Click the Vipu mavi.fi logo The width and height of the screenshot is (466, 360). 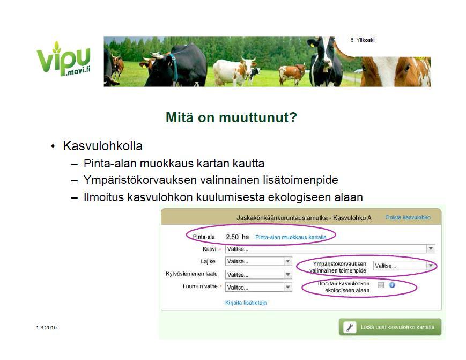[x=63, y=59]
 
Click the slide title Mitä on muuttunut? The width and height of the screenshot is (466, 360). [x=231, y=117]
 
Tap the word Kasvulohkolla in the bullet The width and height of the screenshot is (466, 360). [x=103, y=146]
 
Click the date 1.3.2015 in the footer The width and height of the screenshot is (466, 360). [x=46, y=328]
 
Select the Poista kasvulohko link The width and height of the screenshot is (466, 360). [x=408, y=217]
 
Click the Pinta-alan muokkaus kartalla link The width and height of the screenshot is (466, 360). [x=291, y=237]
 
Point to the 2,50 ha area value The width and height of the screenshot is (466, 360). [x=237, y=237]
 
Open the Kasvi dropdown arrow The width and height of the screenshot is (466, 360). [x=431, y=248]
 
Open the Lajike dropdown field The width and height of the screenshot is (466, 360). [x=258, y=261]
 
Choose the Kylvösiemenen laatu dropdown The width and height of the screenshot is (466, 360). [x=258, y=275]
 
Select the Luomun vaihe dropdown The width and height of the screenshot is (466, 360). [x=258, y=287]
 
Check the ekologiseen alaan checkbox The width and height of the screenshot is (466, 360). [x=381, y=285]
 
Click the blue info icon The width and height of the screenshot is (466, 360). [x=392, y=285]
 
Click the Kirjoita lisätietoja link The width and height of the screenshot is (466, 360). [x=246, y=303]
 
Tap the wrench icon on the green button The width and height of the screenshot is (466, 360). [x=350, y=327]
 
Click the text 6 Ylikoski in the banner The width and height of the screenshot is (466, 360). [x=363, y=40]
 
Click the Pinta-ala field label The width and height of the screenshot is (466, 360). [x=204, y=237]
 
